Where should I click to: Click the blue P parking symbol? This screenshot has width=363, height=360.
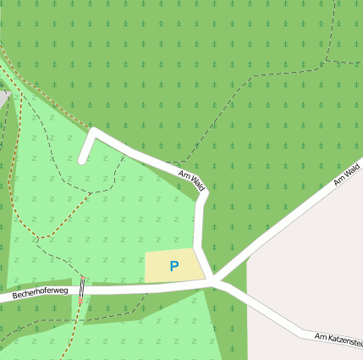pos(174,266)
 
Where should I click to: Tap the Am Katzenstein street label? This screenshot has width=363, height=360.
pos(338,339)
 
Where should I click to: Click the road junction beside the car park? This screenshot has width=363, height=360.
pos(214,280)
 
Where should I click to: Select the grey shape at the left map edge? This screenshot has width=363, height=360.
pos(3,98)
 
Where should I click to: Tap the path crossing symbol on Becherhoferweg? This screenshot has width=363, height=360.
pos(82,290)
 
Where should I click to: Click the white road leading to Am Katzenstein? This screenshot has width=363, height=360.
pos(271,317)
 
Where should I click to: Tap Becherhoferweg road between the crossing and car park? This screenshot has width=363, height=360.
pos(135,288)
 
